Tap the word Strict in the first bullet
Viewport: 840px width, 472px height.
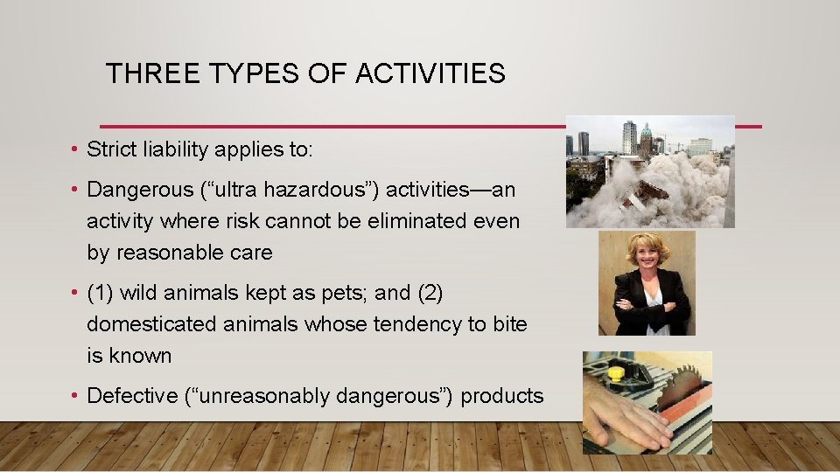coord(109,149)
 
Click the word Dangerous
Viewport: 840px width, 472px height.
coord(129,190)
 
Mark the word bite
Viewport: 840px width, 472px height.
coord(509,324)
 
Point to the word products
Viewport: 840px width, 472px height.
coord(502,396)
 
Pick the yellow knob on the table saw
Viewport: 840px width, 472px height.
coord(616,375)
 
